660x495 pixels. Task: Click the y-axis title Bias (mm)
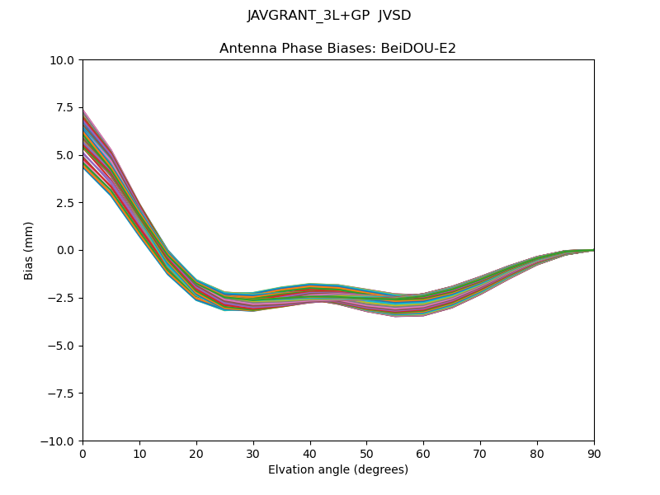[x=29, y=250]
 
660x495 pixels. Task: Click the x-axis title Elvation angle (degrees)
[x=338, y=470]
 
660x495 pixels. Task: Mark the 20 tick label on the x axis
[x=196, y=453]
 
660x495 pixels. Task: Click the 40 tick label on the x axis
[x=310, y=453]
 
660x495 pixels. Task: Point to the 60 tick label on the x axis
[x=423, y=453]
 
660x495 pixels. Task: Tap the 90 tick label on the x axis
[x=594, y=453]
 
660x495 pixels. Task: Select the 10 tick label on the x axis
[x=139, y=453]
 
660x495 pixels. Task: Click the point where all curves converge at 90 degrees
[x=593, y=249]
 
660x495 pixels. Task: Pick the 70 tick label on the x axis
[x=480, y=453]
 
